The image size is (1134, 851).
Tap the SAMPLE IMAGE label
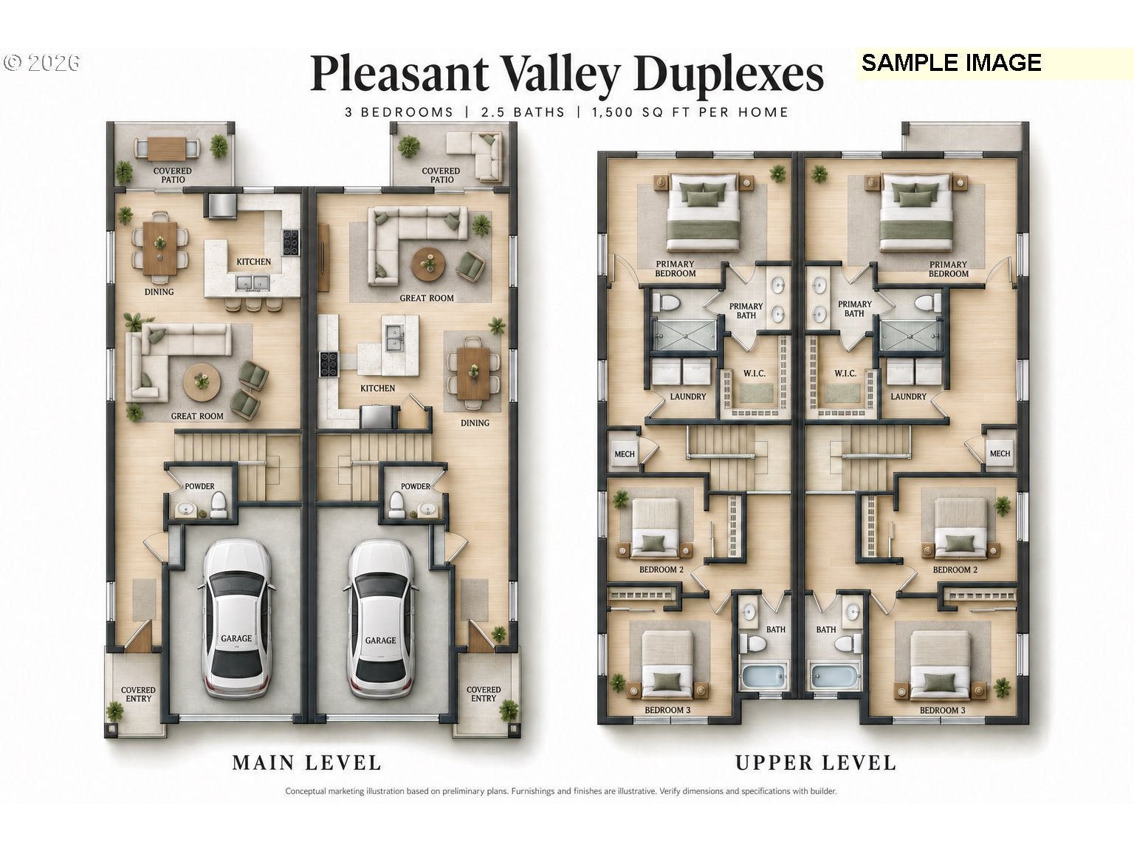point(951,63)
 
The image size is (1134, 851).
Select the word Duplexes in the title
point(729,74)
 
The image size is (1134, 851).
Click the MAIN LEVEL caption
point(306,762)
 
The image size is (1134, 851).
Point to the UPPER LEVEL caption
point(815,762)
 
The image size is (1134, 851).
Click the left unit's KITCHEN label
point(254,262)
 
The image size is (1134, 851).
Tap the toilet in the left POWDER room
point(219,505)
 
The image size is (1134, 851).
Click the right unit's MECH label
point(1000,453)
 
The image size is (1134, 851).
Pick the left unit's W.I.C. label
point(755,373)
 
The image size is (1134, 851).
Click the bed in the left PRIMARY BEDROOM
point(703,212)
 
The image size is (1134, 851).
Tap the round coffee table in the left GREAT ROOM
point(202,383)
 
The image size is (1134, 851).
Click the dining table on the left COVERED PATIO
point(167,148)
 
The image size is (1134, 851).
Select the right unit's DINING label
point(475,423)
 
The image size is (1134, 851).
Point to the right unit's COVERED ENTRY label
point(484,694)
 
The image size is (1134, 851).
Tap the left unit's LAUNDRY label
point(687,396)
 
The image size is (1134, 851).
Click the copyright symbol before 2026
point(13,63)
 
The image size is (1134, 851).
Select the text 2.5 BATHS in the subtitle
point(523,112)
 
